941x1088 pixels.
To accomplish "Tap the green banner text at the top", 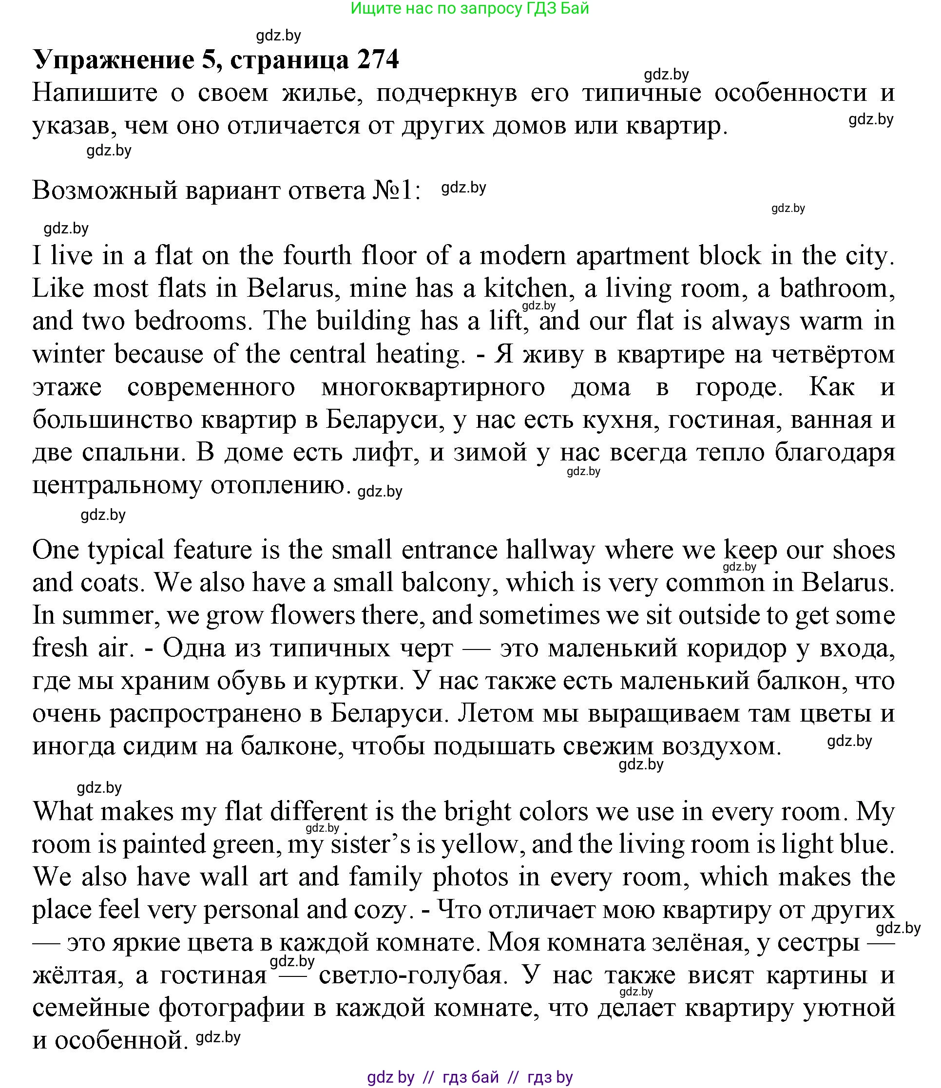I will click(470, 8).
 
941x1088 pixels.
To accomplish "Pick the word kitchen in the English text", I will click(526, 289).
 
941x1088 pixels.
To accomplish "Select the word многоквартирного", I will click(433, 387).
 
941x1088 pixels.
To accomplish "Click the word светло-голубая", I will click(414, 976).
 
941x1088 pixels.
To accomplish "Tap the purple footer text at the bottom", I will click(470, 1077).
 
